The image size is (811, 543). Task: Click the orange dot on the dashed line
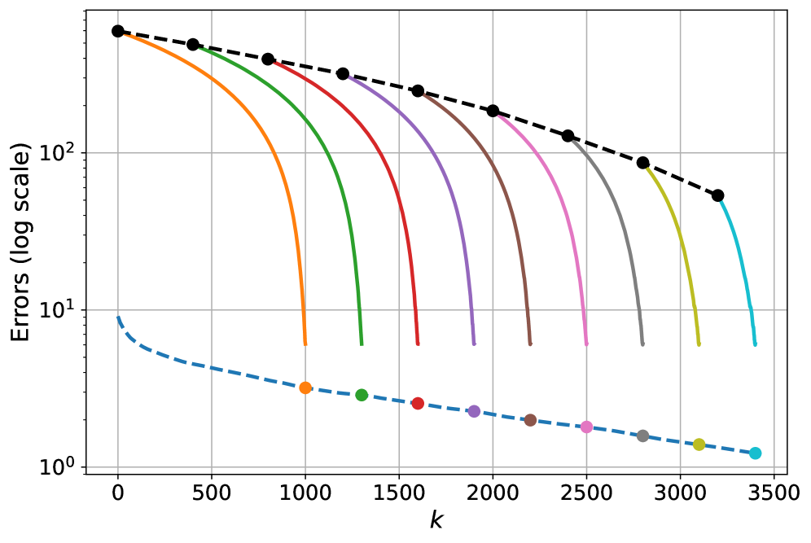click(x=305, y=388)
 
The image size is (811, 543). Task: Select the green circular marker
click(x=362, y=395)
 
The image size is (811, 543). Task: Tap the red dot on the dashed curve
click(x=418, y=403)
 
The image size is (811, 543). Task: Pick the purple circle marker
click(x=474, y=411)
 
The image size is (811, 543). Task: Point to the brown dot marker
click(x=530, y=420)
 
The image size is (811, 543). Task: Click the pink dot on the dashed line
click(x=586, y=427)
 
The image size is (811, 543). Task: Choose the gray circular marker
click(x=642, y=436)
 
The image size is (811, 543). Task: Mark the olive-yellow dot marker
click(x=699, y=444)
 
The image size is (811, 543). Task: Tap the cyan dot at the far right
click(x=755, y=453)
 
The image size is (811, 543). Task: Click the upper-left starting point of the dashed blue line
click(x=119, y=317)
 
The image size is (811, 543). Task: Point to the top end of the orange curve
click(x=124, y=34)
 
